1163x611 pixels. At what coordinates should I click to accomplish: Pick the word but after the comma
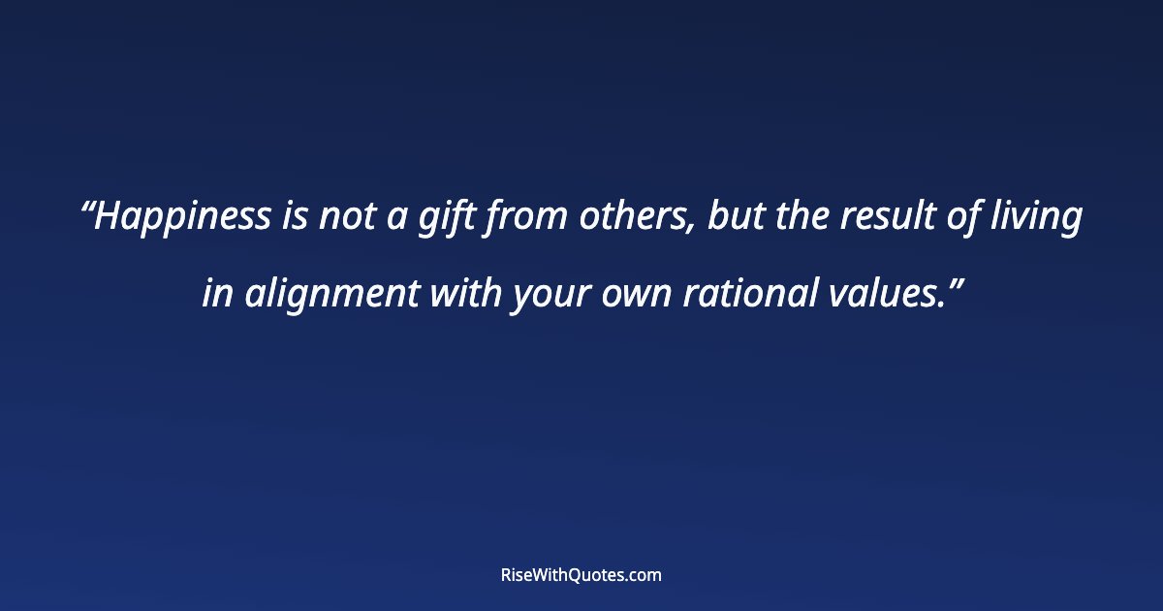click(x=731, y=218)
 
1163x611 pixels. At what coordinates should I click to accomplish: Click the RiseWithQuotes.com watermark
click(x=581, y=575)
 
